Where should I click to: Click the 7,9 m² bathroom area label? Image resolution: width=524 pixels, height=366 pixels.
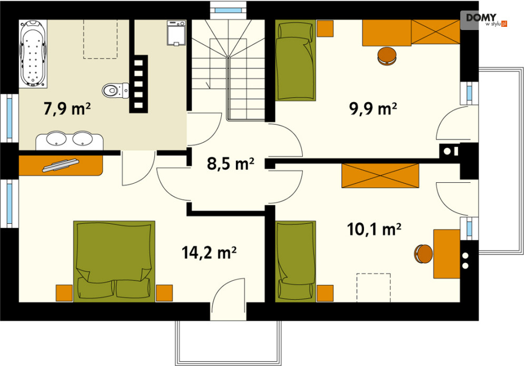pyautogui.click(x=67, y=108)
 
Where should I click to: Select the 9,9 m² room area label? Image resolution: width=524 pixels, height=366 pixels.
pyautogui.click(x=373, y=108)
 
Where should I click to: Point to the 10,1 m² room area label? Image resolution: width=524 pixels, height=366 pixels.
pyautogui.click(x=374, y=229)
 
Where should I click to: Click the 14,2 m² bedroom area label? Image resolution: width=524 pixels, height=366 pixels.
pyautogui.click(x=209, y=252)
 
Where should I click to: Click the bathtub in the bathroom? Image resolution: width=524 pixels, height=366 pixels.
pyautogui.click(x=33, y=54)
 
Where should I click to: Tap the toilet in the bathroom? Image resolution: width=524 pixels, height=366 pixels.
pyautogui.click(x=115, y=90)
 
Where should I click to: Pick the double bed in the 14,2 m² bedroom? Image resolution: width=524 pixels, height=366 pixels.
pyautogui.click(x=114, y=261)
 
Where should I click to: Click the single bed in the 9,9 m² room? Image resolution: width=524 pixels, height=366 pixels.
pyautogui.click(x=295, y=60)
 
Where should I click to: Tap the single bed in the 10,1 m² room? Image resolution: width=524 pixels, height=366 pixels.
pyautogui.click(x=295, y=261)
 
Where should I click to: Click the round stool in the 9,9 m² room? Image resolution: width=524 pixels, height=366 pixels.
pyautogui.click(x=387, y=55)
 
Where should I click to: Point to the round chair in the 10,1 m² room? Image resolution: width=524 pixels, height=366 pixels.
pyautogui.click(x=423, y=254)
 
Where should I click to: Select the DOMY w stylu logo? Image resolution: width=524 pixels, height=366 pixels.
pyautogui.click(x=483, y=20)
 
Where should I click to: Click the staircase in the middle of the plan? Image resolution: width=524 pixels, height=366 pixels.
pyautogui.click(x=229, y=70)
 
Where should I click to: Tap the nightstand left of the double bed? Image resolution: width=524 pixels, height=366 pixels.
pyautogui.click(x=64, y=293)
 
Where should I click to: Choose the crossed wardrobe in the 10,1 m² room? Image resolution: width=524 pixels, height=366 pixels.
pyautogui.click(x=380, y=175)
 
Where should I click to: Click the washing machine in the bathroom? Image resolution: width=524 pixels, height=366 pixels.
pyautogui.click(x=176, y=33)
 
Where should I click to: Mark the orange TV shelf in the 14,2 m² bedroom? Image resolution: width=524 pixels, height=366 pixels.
pyautogui.click(x=61, y=165)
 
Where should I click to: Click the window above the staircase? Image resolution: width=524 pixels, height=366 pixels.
pyautogui.click(x=228, y=10)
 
